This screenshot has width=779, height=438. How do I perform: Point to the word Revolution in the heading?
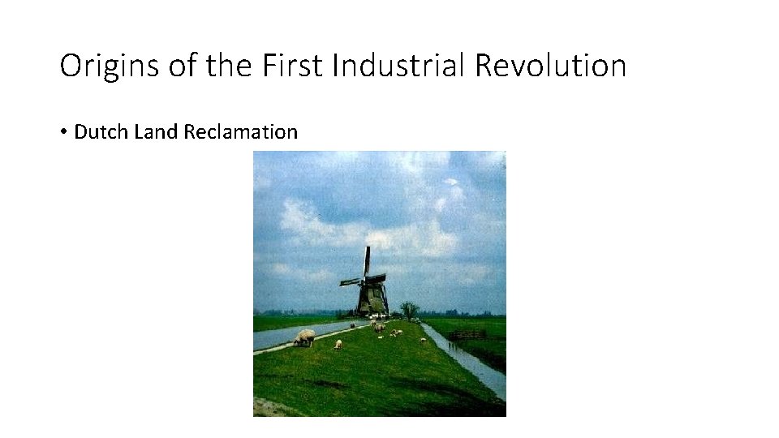[550, 66]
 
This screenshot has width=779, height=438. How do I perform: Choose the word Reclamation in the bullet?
[241, 131]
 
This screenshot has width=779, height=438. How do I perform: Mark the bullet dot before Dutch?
[62, 132]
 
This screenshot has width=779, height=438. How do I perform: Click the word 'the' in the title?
[230, 66]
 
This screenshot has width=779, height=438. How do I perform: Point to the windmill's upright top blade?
[367, 260]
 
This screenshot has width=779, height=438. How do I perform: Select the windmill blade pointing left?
[351, 282]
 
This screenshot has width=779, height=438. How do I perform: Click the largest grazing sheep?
[305, 337]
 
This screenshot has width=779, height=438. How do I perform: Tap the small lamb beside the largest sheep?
[338, 344]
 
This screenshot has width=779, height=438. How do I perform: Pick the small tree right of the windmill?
[409, 309]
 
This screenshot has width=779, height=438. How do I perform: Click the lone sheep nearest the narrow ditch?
[423, 341]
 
